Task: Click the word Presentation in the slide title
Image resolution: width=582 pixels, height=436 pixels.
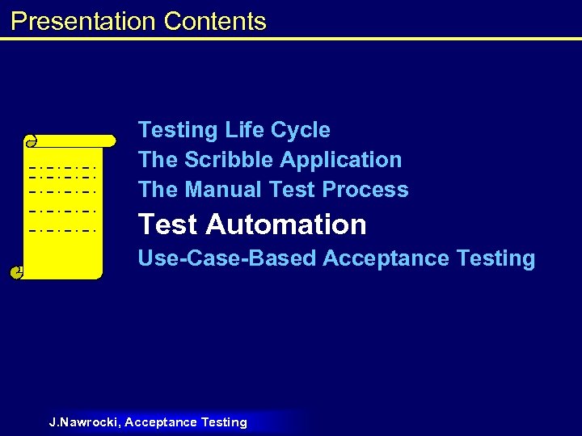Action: pos(84,21)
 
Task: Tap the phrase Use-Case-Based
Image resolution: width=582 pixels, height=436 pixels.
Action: pos(227,258)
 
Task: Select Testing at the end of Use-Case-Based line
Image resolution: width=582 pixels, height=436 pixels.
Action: pos(496,258)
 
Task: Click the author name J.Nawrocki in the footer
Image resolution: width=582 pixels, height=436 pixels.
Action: pos(85,422)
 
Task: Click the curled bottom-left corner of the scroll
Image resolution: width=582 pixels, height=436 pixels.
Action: pos(16,273)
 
